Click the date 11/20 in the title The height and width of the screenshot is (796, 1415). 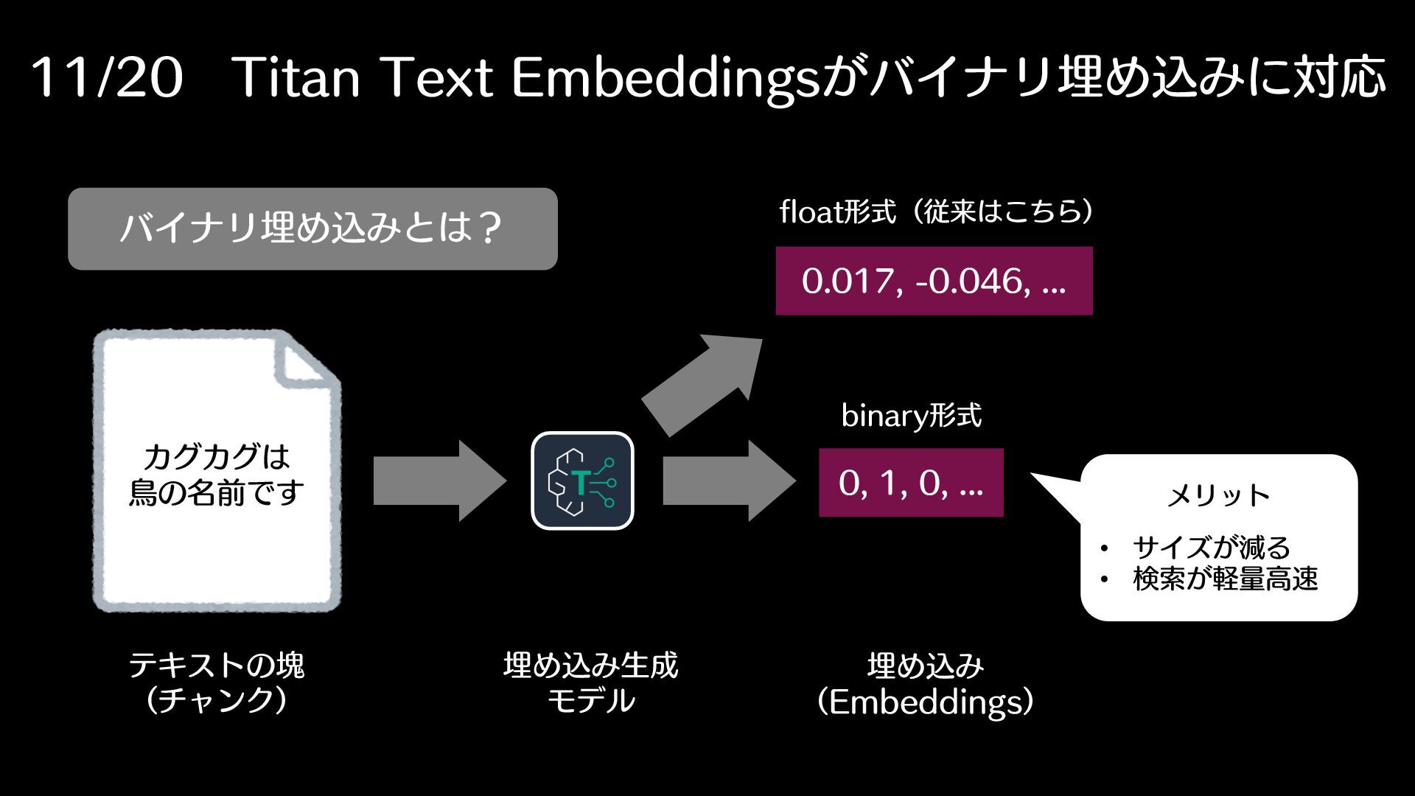pyautogui.click(x=107, y=78)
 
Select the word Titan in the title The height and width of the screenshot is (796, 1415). pyautogui.click(x=298, y=78)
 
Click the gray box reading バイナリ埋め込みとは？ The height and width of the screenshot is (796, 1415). pyautogui.click(x=312, y=229)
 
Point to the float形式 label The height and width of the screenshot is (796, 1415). pyautogui.click(x=837, y=213)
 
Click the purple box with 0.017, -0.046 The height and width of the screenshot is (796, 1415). pyautogui.click(x=934, y=281)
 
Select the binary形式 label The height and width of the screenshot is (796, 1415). pyautogui.click(x=911, y=416)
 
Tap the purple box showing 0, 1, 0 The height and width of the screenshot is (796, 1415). pyautogui.click(x=911, y=483)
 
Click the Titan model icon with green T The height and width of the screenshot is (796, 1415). pyautogui.click(x=582, y=481)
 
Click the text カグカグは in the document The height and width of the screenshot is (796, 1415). pyautogui.click(x=217, y=457)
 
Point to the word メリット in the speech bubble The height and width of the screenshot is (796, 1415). pyautogui.click(x=1218, y=495)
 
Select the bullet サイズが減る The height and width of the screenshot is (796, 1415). pyautogui.click(x=1211, y=548)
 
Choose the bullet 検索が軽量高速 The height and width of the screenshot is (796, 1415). pyautogui.click(x=1225, y=579)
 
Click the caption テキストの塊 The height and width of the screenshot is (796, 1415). pyautogui.click(x=217, y=666)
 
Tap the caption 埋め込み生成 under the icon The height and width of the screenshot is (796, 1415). pyautogui.click(x=590, y=666)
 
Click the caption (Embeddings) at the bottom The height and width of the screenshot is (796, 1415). pyautogui.click(x=926, y=702)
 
